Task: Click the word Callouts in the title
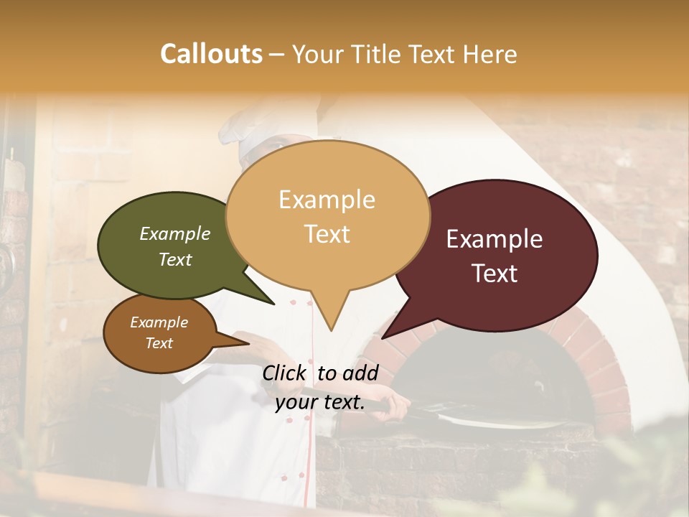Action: [211, 54]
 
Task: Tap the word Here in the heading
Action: [488, 54]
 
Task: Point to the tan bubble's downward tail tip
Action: [330, 330]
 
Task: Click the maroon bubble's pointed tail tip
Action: [383, 337]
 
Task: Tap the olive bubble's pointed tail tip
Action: [273, 304]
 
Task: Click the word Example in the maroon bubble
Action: [495, 239]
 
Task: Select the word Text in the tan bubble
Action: [327, 234]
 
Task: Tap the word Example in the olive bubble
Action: [175, 234]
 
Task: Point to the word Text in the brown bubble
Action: [159, 343]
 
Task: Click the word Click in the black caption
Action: [285, 373]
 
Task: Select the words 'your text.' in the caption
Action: [320, 402]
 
